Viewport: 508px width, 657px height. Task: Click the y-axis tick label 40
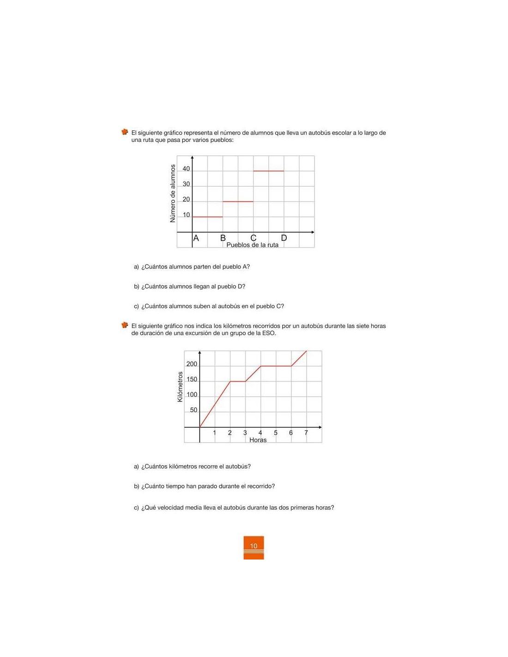[x=186, y=169]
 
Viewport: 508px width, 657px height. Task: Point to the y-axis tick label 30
[x=186, y=184]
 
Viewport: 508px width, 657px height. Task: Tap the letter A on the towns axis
[x=196, y=238]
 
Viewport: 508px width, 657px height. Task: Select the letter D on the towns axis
[x=284, y=238]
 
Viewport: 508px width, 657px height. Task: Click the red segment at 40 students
[x=268, y=171]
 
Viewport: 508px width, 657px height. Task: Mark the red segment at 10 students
[x=207, y=217]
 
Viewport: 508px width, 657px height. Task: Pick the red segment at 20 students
[x=238, y=201]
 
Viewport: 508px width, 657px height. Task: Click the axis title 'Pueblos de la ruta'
[x=252, y=245]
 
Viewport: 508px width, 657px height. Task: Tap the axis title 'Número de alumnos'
[x=173, y=194]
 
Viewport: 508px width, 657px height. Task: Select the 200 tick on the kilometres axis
[x=191, y=365]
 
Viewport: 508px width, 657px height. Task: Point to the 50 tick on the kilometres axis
[x=193, y=410]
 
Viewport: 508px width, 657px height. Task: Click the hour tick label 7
[x=306, y=433]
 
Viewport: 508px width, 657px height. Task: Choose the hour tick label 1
[x=214, y=433]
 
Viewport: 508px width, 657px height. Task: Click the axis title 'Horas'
[x=258, y=440]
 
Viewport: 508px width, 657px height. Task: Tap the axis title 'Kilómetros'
[x=180, y=387]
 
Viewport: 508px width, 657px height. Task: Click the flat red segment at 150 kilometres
[x=238, y=381]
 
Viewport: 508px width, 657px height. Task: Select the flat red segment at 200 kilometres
[x=276, y=366]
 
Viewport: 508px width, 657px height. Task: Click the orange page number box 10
[x=254, y=547]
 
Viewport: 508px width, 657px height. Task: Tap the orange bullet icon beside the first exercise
[x=125, y=132]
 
